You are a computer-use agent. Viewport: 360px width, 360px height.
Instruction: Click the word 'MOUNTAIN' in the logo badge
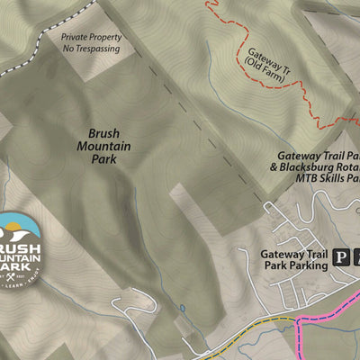tap(19, 256)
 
